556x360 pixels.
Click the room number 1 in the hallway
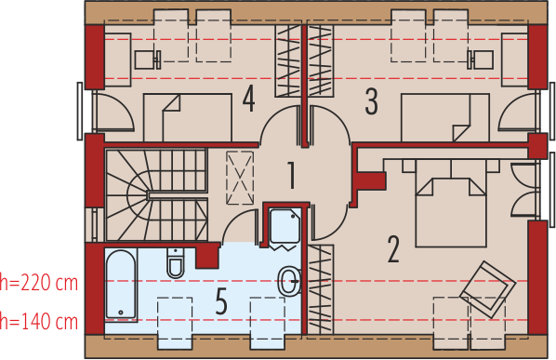pyautogui.click(x=291, y=174)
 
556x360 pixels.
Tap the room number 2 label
pyautogui.click(x=393, y=248)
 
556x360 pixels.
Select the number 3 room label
pyautogui.click(x=371, y=100)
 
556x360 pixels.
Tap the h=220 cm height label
pyautogui.click(x=39, y=281)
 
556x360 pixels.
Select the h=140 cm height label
pyautogui.click(x=39, y=322)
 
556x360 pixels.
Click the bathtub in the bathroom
pyautogui.click(x=120, y=283)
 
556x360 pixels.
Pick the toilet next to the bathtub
pyautogui.click(x=176, y=264)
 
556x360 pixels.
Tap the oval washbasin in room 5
pyautogui.click(x=290, y=279)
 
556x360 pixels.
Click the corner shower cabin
pyautogui.click(x=283, y=228)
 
